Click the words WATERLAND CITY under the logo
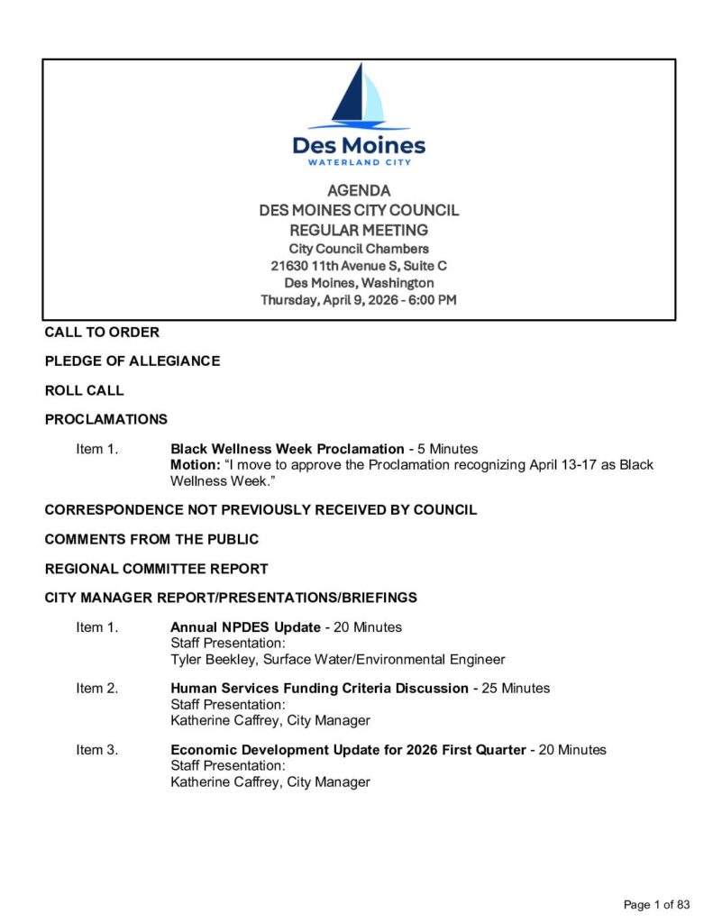pyautogui.click(x=359, y=162)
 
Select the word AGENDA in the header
pyautogui.click(x=359, y=191)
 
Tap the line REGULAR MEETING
pyautogui.click(x=359, y=230)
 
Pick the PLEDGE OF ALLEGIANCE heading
pyautogui.click(x=133, y=361)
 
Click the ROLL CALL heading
pyautogui.click(x=85, y=390)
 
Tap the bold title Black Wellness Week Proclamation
pyautogui.click(x=288, y=449)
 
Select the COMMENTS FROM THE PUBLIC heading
pyautogui.click(x=151, y=539)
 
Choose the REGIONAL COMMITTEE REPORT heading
pyautogui.click(x=156, y=569)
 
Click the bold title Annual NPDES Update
pyautogui.click(x=245, y=627)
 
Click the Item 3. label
pyautogui.click(x=96, y=750)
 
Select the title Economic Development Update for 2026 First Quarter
pyautogui.click(x=348, y=750)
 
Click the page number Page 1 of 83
pyautogui.click(x=656, y=904)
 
